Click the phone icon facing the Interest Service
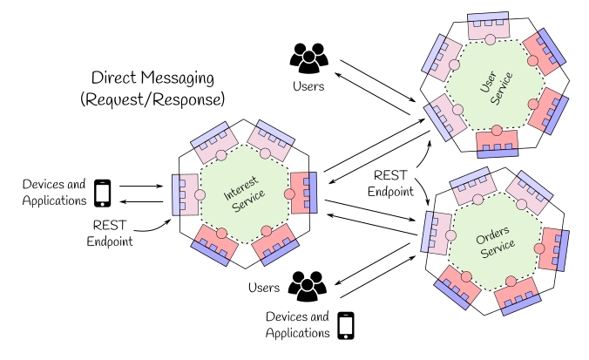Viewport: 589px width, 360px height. [103, 193]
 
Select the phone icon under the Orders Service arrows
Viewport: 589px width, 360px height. [347, 324]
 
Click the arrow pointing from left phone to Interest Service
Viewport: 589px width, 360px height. [139, 186]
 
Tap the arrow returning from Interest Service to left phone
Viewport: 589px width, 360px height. [139, 201]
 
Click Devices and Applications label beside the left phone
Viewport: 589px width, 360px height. [54, 193]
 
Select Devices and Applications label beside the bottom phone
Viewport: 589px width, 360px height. [297, 324]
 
